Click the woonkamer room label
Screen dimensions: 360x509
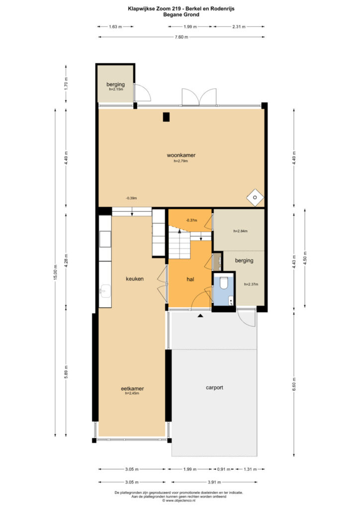tap(181, 155)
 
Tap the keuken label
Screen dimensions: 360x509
tap(135, 279)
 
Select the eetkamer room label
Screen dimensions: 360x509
tap(132, 389)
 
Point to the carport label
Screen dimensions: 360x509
tap(215, 388)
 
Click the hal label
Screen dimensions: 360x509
tap(190, 279)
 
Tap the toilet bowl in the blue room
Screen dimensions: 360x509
tap(224, 283)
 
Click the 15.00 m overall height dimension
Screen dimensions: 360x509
tap(56, 273)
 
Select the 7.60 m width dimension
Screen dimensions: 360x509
tap(181, 37)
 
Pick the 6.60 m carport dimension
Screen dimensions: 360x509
tap(294, 385)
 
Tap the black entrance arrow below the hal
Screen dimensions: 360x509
tap(200, 315)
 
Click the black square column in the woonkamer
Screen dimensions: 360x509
tap(166, 117)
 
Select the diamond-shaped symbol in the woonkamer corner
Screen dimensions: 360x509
tap(255, 197)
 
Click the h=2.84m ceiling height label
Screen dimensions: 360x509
tap(241, 231)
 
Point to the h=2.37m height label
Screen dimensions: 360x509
tap(251, 284)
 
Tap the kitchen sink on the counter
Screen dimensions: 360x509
tap(105, 291)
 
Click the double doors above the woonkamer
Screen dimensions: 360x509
tap(199, 97)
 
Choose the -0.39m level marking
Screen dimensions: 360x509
tap(131, 198)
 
